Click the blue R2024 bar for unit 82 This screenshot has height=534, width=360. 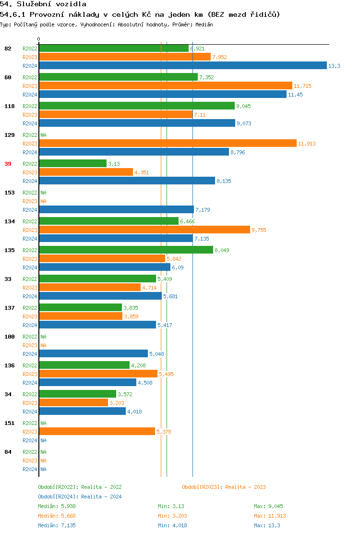(182, 66)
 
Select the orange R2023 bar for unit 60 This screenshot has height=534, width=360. (165, 86)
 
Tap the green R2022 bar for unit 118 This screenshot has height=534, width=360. (136, 106)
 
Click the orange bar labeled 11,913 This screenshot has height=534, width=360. (168, 144)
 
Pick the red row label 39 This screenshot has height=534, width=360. (8, 164)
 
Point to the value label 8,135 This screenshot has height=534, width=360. (224, 181)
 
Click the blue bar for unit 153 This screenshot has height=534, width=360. (116, 210)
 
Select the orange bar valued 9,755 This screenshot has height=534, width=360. (144, 230)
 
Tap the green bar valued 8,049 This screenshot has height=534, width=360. (126, 250)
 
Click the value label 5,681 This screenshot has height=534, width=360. (170, 296)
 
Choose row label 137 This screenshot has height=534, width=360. (9, 308)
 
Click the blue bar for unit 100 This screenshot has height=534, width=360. (93, 354)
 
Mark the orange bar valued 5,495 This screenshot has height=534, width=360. (98, 374)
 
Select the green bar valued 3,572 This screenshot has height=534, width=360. (77, 394)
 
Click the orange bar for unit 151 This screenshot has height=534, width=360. (97, 432)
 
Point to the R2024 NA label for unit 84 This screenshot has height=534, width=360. (43, 469)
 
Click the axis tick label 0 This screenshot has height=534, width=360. (38, 39)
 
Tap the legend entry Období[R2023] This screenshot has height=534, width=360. (224, 487)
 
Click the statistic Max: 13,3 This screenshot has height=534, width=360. (267, 525)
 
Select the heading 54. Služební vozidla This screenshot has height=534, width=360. (43, 4)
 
